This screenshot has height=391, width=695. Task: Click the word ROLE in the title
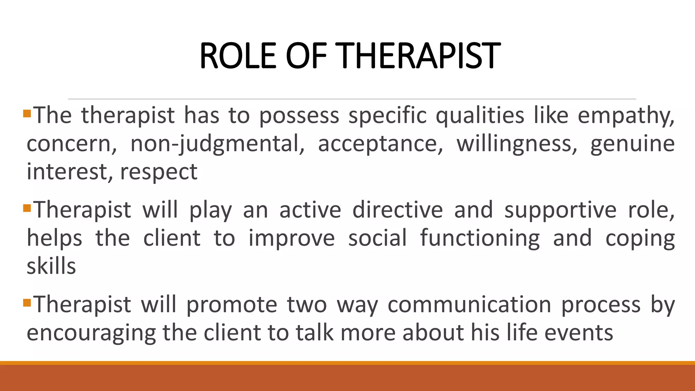238,56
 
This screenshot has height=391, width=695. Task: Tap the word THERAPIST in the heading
419,56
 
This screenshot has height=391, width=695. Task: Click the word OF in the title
306,56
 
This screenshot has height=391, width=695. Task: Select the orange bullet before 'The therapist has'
27,113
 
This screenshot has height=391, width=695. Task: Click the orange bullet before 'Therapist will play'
27,207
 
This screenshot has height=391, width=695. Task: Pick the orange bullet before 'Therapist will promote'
27,302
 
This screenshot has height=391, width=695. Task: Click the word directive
397,210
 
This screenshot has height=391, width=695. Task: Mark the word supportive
560,210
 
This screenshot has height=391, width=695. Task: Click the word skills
51,266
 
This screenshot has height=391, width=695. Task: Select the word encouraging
91,333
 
